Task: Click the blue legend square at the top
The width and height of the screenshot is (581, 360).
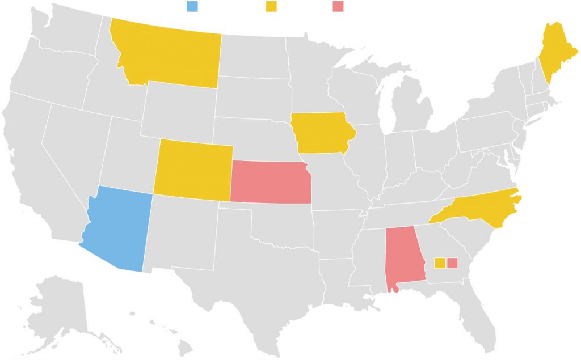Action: (x=192, y=6)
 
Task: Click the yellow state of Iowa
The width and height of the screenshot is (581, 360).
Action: (x=321, y=133)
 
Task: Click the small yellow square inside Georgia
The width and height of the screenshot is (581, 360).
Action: (x=439, y=262)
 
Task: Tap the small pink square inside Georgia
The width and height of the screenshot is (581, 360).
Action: (x=452, y=262)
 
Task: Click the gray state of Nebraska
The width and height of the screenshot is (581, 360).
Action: (x=255, y=142)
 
